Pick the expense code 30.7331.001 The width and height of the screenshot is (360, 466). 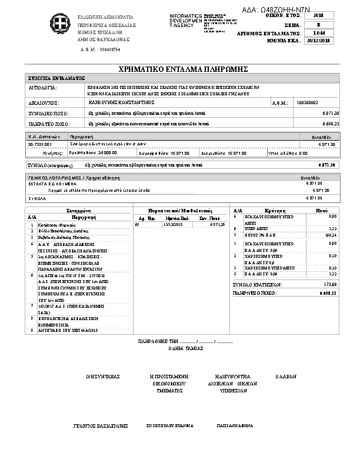pyautogui.click(x=40, y=144)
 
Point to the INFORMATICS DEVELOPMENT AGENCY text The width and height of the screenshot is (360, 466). pyautogui.click(x=185, y=19)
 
